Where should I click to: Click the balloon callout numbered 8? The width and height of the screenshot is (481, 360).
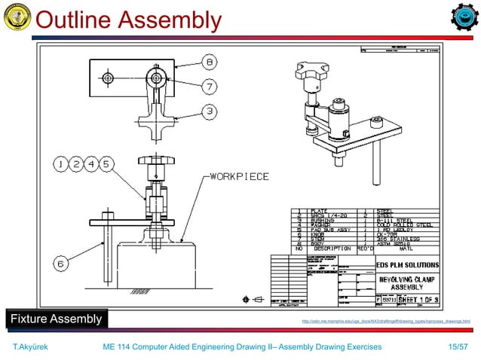tap(209, 61)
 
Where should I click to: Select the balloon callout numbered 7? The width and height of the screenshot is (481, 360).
tap(209, 85)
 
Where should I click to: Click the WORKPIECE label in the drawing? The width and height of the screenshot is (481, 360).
tap(239, 177)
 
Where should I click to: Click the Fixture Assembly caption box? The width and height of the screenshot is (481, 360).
tap(55, 319)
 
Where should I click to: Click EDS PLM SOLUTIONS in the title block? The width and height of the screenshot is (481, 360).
tap(408, 264)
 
